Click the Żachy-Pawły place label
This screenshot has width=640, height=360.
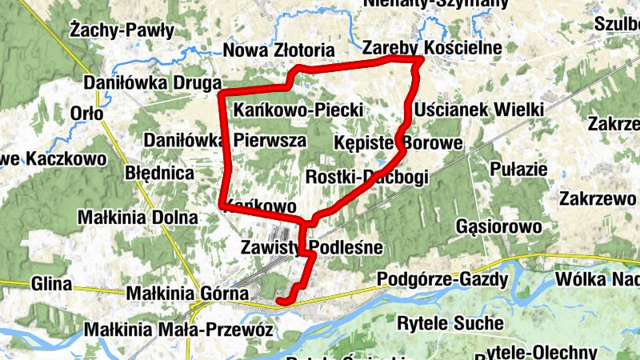(122, 31)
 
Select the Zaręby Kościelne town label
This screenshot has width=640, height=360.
(431, 48)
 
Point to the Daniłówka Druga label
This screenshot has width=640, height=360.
(152, 82)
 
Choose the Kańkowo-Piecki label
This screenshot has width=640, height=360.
(299, 109)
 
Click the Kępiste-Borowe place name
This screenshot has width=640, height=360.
(398, 144)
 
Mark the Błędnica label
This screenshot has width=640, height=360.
(160, 173)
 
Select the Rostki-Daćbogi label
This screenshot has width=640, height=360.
(367, 176)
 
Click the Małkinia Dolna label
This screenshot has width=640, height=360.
(138, 217)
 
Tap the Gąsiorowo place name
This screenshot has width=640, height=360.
(498, 227)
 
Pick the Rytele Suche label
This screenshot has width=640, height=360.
(450, 323)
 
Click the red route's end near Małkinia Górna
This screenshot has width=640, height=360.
(279, 301)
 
